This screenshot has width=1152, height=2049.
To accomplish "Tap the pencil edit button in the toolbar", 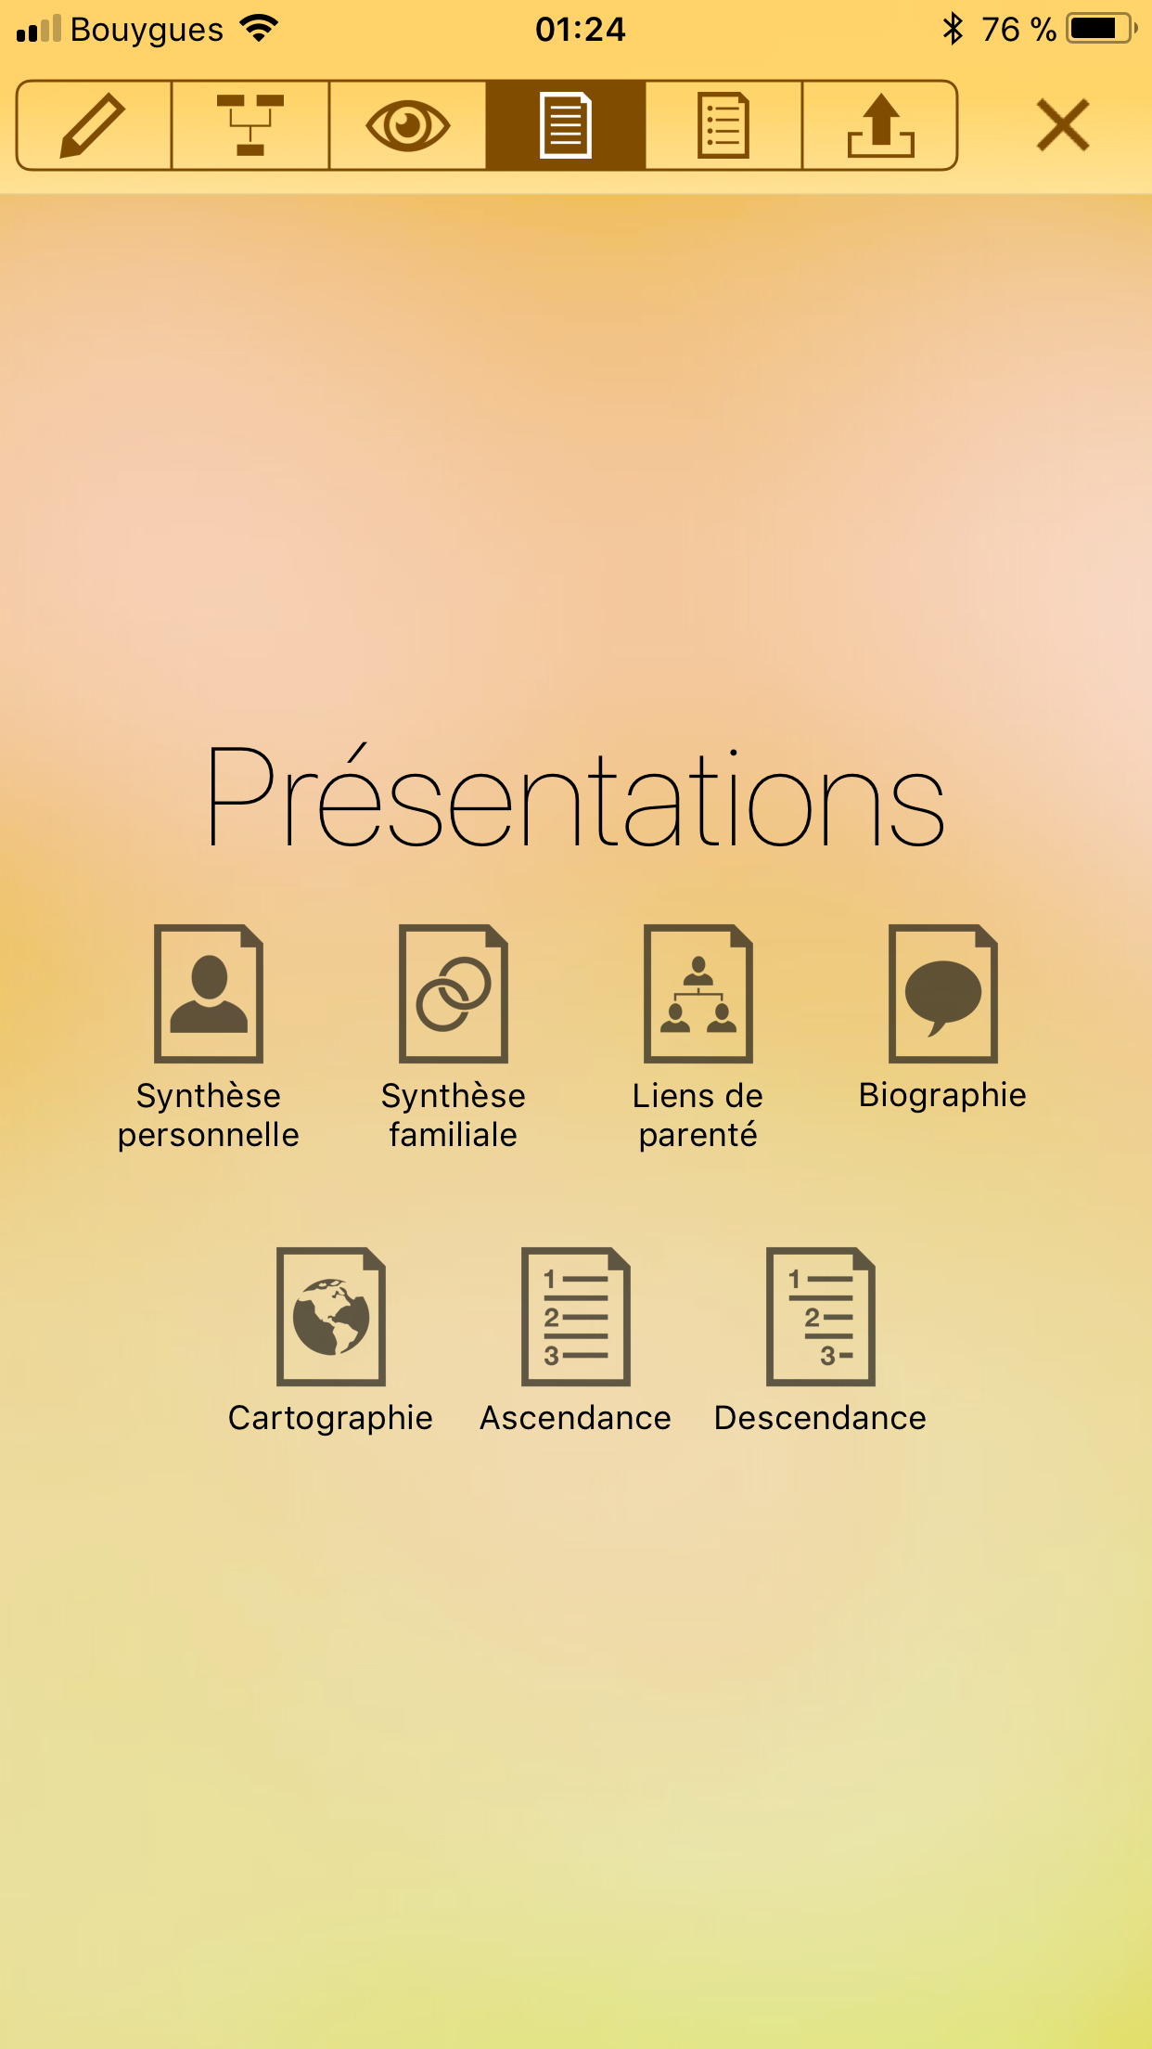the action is tap(93, 125).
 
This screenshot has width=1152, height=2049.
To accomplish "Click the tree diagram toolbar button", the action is tap(250, 125).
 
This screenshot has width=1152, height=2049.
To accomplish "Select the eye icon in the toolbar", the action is tap(408, 125).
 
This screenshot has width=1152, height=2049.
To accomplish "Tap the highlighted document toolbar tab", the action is tap(566, 125).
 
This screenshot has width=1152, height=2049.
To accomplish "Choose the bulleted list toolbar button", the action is tap(723, 125).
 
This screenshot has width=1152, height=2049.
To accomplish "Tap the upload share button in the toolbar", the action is tap(880, 125).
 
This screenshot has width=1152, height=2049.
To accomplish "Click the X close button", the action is tap(1063, 125).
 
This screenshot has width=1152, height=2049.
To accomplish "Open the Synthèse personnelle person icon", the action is tap(209, 993).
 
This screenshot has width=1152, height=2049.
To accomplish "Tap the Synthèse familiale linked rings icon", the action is tap(454, 993).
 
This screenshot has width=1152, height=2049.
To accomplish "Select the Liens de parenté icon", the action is tap(698, 993).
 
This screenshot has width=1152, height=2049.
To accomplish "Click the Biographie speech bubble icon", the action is tap(943, 993).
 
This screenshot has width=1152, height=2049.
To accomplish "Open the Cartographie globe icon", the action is tap(331, 1316).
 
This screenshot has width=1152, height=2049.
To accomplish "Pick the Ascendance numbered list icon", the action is tap(576, 1316).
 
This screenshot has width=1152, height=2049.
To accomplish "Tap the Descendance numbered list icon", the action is tap(821, 1316).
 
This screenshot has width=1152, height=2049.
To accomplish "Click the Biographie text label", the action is tap(942, 1096).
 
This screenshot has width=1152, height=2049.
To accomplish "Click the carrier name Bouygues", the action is tap(147, 31).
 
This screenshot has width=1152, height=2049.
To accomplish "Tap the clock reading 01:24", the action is tap(581, 30).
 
